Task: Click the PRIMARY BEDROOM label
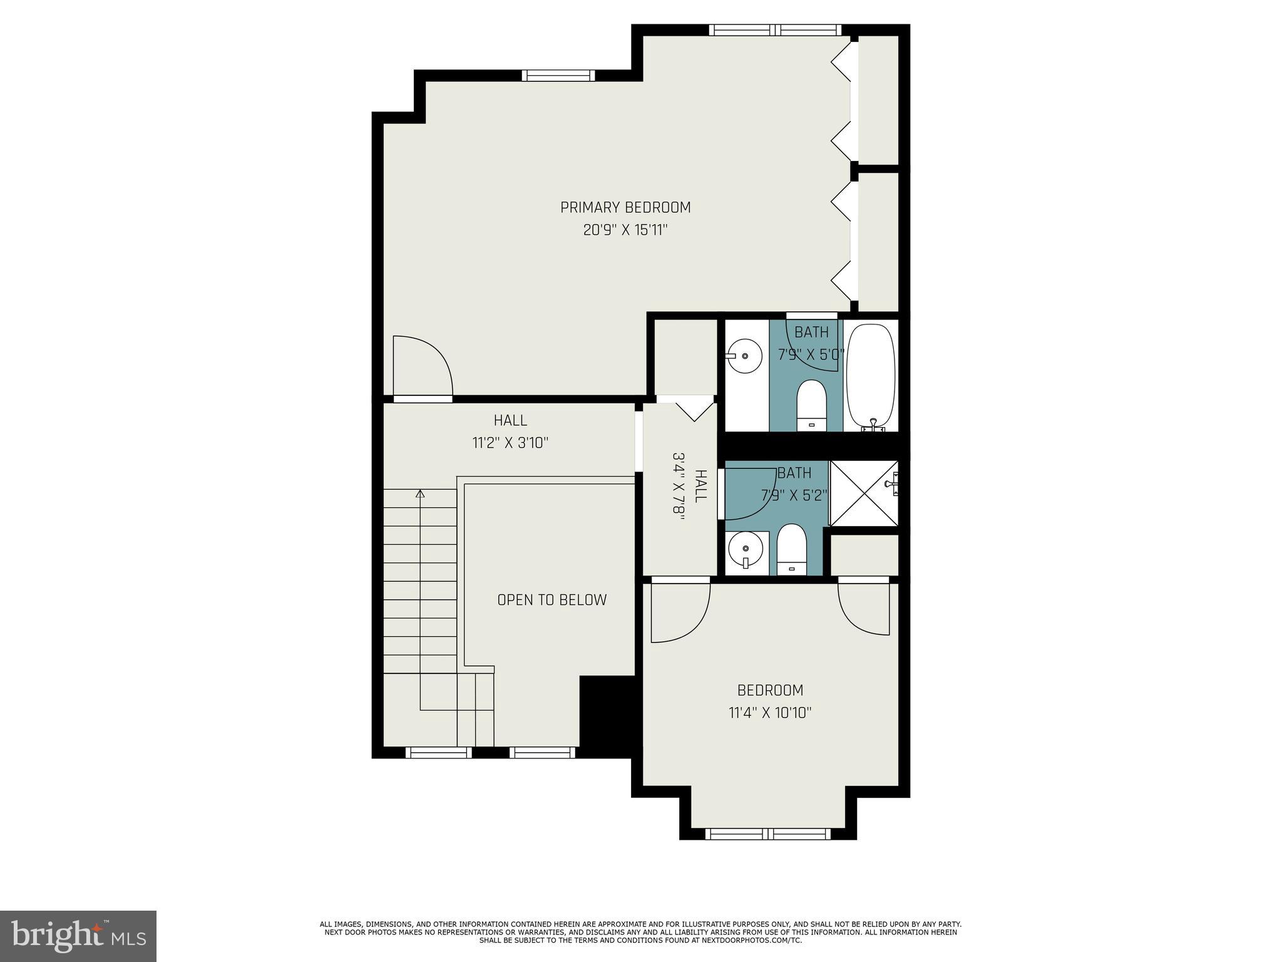[x=625, y=207]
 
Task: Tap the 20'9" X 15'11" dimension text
[x=625, y=230]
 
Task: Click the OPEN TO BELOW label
[x=551, y=600]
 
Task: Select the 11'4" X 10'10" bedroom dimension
[x=770, y=713]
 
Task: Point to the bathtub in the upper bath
[x=871, y=376]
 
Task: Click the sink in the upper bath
[x=745, y=356]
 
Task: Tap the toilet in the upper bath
[x=812, y=404]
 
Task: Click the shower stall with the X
[x=864, y=493]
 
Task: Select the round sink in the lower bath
[x=745, y=548]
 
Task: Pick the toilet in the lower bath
[x=792, y=548]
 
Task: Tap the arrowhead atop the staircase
[x=420, y=494]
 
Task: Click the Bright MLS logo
[x=78, y=936]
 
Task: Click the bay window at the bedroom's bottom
[x=768, y=834]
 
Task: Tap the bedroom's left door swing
[x=679, y=611]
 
